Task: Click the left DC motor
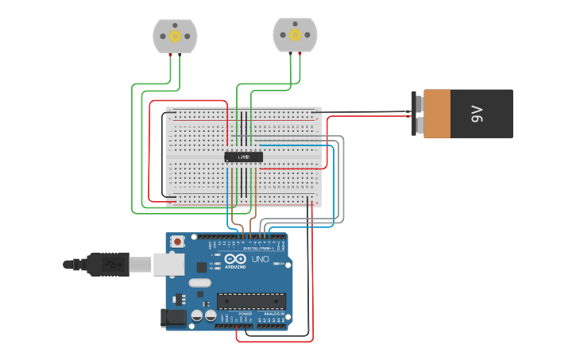[175, 36]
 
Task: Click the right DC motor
[295, 34]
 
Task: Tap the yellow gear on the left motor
[175, 36]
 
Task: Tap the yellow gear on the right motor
[295, 34]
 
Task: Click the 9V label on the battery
[477, 114]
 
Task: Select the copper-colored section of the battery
[437, 114]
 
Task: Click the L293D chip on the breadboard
[243, 157]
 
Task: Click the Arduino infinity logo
[236, 259]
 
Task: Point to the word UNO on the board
[260, 259]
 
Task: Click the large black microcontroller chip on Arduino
[251, 300]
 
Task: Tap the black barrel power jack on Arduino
[174, 318]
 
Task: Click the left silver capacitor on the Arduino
[197, 315]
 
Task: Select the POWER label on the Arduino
[245, 314]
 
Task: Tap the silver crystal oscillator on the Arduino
[200, 282]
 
